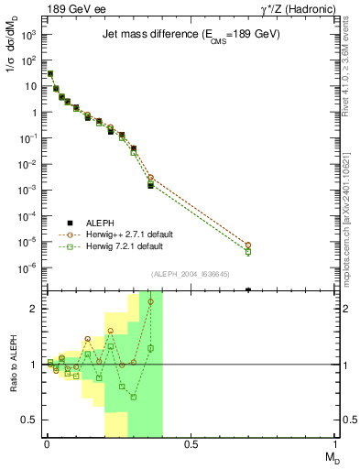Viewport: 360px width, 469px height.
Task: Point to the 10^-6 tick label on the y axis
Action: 28,268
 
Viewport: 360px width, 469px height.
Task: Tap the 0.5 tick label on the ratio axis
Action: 30,420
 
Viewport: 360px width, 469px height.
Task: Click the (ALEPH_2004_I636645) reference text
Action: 190,274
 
